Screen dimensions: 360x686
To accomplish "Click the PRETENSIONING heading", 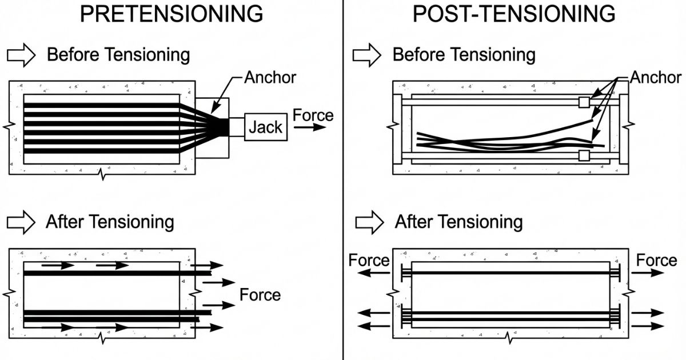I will (x=171, y=14).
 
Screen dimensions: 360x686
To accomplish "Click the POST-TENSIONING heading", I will (x=514, y=14).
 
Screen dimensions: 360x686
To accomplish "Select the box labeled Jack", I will (x=265, y=127).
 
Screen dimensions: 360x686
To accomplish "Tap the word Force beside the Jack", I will (x=313, y=115).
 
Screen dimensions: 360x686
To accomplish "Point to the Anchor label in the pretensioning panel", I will (x=270, y=77).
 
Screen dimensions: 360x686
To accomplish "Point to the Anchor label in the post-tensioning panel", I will (x=656, y=77).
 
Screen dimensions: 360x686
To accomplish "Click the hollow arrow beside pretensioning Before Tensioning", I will (x=21, y=55).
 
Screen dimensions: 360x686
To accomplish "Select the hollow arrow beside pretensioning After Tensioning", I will (x=21, y=221).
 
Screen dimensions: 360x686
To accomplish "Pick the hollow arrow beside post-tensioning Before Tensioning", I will (x=366, y=55).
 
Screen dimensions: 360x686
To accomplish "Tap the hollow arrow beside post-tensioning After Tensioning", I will (x=369, y=221).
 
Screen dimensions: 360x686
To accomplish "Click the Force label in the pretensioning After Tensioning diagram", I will (x=260, y=295).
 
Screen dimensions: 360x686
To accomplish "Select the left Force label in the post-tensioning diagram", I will (x=369, y=261).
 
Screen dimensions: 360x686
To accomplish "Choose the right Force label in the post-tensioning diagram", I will (x=656, y=261).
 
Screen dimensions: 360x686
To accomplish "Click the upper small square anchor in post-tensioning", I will (x=584, y=102).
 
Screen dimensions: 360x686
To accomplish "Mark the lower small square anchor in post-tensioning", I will (x=584, y=155).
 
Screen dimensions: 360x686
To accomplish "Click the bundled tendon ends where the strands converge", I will (x=221, y=127).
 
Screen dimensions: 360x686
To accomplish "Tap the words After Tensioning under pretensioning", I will (x=110, y=222).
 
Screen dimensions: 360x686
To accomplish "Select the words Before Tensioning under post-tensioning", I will (x=464, y=55).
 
